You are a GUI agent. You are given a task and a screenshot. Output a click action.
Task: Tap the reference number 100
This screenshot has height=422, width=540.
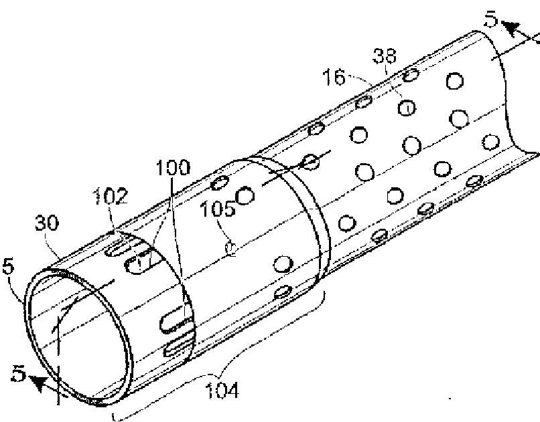click(x=172, y=167)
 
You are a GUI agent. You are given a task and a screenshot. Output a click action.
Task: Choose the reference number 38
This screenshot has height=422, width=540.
click(x=385, y=58)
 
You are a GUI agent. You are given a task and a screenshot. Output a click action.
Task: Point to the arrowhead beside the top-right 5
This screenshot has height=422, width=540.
click(x=510, y=29)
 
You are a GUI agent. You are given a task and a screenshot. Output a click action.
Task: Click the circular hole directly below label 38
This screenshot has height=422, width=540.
click(x=406, y=106)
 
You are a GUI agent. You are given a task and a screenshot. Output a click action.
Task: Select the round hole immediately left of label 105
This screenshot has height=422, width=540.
click(x=245, y=195)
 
